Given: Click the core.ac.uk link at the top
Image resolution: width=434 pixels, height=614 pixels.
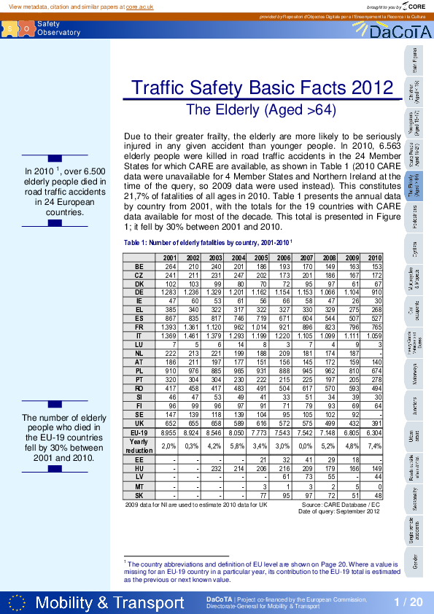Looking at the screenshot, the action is tap(139, 6).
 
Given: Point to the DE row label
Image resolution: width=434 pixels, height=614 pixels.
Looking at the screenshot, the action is tap(139, 292).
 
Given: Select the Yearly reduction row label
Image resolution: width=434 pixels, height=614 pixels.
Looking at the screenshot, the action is tap(139, 445).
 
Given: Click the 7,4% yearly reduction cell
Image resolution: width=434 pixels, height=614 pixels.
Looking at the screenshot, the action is tap(374, 445).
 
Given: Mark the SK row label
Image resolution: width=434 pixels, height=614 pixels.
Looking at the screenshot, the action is tap(139, 494).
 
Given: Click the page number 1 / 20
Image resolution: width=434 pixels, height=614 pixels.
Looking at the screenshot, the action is tap(408, 602).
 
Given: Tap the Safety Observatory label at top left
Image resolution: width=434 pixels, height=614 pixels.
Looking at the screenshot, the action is tap(58, 28).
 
